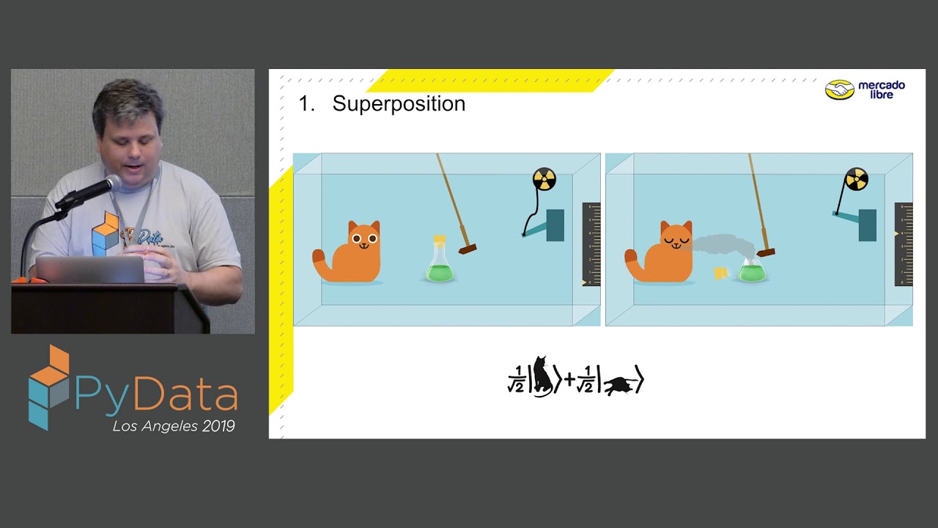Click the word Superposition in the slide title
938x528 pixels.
tap(399, 103)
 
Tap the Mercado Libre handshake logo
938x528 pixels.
tap(840, 89)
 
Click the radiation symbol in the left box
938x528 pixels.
tap(544, 179)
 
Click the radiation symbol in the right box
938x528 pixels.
tap(856, 179)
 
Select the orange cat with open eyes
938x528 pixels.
tap(352, 253)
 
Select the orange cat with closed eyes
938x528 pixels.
tap(663, 253)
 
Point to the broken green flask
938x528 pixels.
tap(752, 271)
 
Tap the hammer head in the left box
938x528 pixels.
tap(468, 249)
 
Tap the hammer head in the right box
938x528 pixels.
tap(766, 252)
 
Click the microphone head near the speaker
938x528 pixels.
tap(111, 183)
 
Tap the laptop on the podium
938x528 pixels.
tap(89, 270)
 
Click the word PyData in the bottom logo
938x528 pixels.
tap(155, 395)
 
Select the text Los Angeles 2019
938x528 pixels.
tap(173, 426)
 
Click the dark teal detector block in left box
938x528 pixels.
tap(555, 225)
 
